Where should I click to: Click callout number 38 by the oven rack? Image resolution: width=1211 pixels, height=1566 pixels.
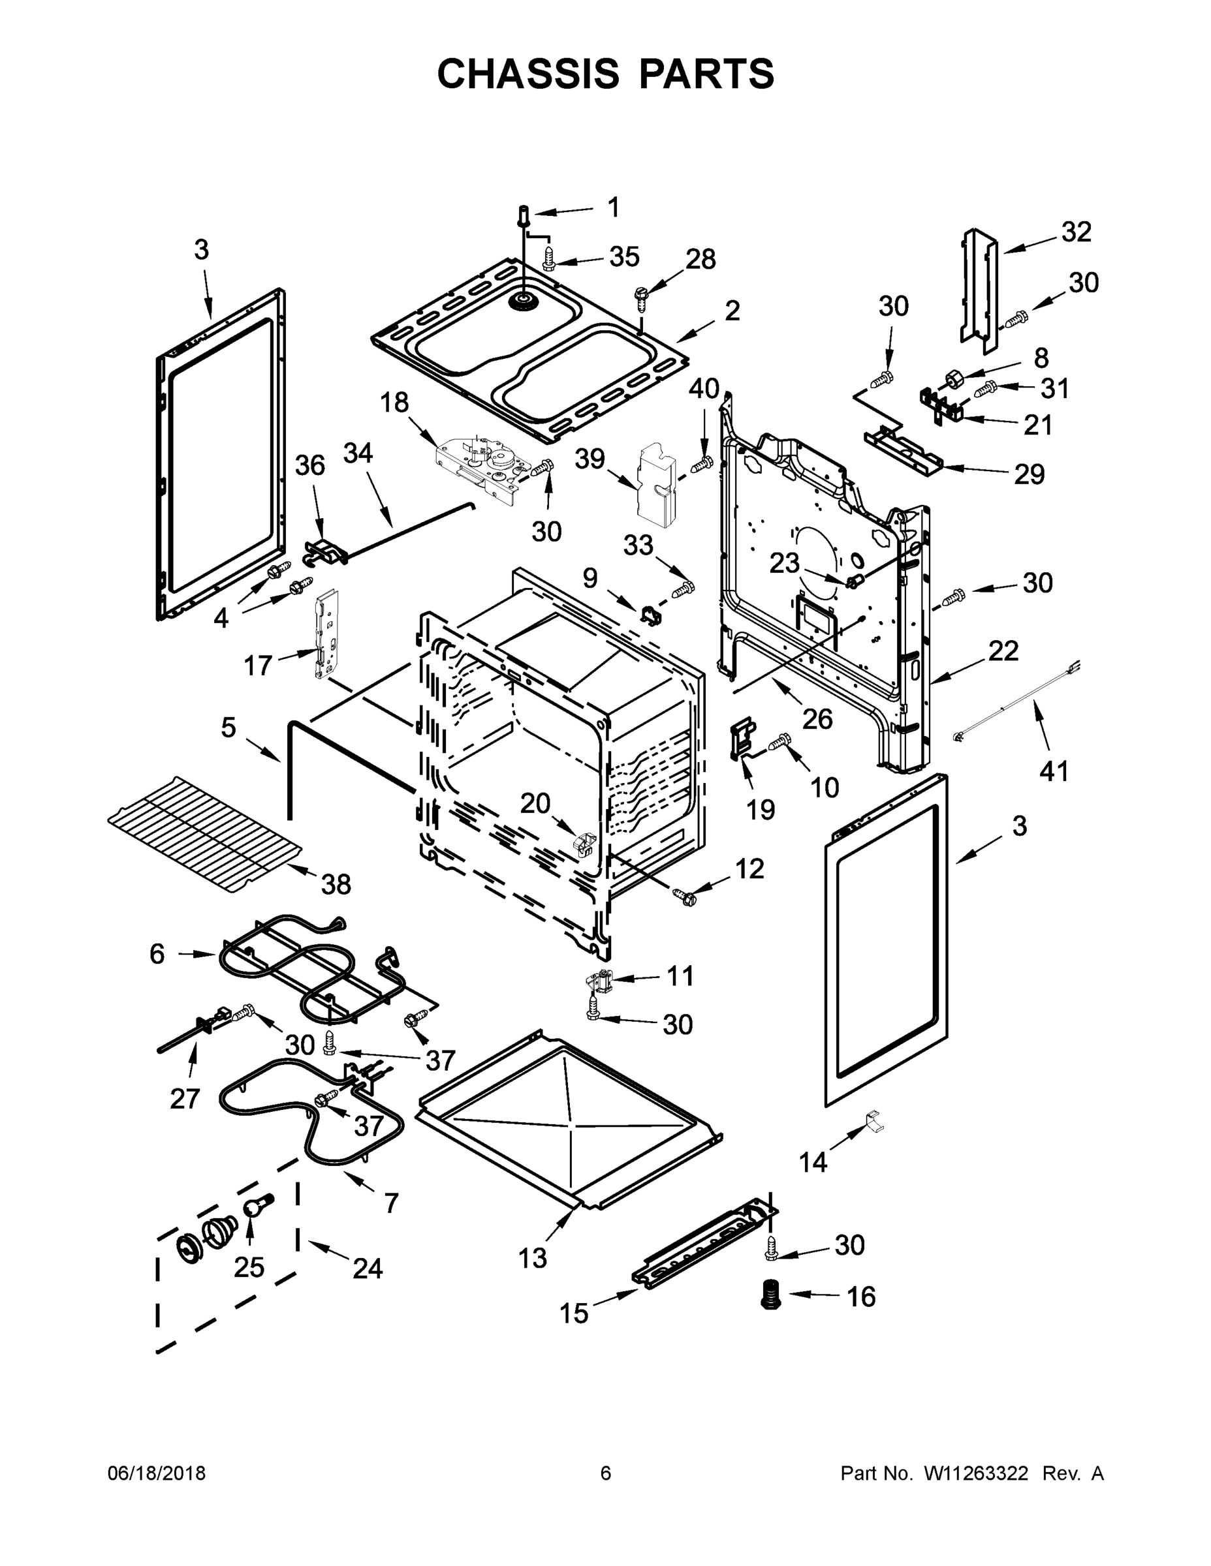pyautogui.click(x=336, y=884)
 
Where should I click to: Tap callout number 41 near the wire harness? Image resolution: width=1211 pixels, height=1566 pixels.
pyautogui.click(x=1054, y=771)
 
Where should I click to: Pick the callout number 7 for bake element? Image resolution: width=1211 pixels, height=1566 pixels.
pyautogui.click(x=391, y=1203)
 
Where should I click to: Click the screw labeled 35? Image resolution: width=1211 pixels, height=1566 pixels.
pyautogui.click(x=550, y=258)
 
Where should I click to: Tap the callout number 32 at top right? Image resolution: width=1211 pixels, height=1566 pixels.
pyautogui.click(x=1076, y=232)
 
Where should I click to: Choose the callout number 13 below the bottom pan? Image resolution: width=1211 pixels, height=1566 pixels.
pyautogui.click(x=532, y=1257)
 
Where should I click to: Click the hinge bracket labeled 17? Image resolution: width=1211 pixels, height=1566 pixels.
pyautogui.click(x=325, y=632)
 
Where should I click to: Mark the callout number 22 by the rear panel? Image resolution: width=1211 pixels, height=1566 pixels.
pyautogui.click(x=1003, y=651)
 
